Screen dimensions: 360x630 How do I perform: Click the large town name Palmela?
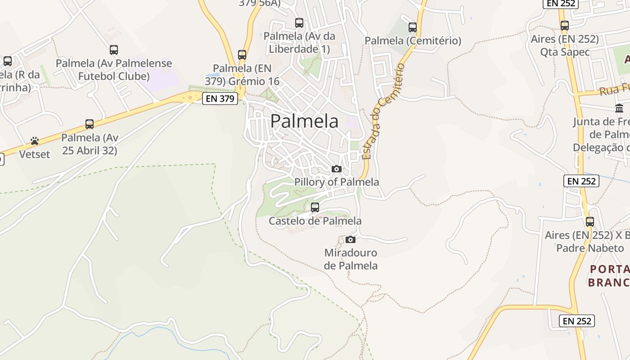click(x=304, y=121)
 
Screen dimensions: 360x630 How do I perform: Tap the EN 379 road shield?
click(x=220, y=99)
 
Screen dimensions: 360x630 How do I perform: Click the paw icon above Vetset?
click(x=35, y=141)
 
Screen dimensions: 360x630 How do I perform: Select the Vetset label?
click(x=35, y=154)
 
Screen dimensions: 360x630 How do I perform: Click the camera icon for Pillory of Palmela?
click(x=336, y=169)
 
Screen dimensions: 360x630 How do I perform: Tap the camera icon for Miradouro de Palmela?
click(x=351, y=239)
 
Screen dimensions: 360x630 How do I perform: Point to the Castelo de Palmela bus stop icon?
click(x=315, y=207)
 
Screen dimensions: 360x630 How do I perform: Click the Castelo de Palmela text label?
click(x=315, y=221)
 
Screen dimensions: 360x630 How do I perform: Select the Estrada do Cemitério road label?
click(x=383, y=112)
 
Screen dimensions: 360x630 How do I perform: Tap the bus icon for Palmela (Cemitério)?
click(x=413, y=27)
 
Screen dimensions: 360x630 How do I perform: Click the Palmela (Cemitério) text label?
click(x=413, y=41)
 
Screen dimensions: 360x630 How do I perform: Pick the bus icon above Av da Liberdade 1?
click(x=299, y=22)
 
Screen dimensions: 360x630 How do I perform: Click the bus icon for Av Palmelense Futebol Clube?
click(x=114, y=50)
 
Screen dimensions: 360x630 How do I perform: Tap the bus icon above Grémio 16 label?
click(x=242, y=55)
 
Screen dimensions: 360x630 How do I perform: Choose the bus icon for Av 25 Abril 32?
click(x=90, y=124)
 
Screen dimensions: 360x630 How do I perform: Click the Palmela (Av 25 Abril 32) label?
click(x=90, y=144)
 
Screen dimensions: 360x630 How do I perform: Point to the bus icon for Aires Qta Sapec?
click(x=565, y=26)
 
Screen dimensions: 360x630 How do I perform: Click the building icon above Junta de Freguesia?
click(x=619, y=108)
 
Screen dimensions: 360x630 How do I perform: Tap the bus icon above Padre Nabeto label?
click(x=590, y=222)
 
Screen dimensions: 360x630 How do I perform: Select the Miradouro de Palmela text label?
click(x=351, y=259)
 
